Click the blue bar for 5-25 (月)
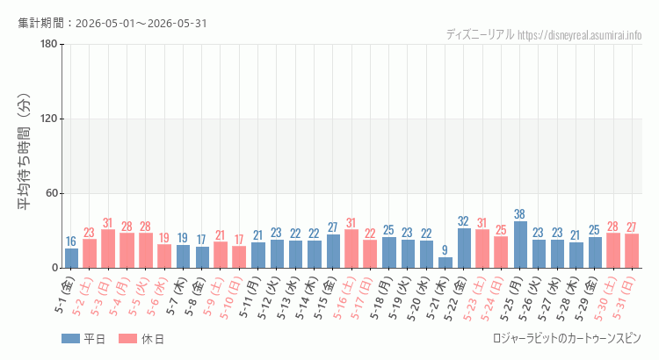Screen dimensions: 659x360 click(520, 244)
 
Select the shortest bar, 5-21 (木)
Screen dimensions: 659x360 click(445, 263)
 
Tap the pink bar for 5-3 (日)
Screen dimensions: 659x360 click(108, 248)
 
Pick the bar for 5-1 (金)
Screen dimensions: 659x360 click(71, 258)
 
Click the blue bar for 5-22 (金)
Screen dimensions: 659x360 click(464, 248)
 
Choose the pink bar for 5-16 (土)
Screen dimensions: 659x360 click(351, 248)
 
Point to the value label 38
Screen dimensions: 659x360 click(520, 214)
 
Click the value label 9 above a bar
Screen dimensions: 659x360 click(445, 250)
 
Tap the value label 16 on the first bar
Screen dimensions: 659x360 click(71, 241)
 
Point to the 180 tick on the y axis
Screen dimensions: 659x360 click(49, 44)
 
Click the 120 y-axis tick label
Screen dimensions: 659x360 click(49, 119)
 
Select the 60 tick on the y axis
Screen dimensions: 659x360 click(52, 193)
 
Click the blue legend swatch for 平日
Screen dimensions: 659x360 click(70, 339)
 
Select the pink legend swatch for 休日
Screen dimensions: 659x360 click(127, 339)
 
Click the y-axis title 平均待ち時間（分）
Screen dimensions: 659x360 click(24, 152)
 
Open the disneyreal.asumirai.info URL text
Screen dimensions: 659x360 click(580, 34)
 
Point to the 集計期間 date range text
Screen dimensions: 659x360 click(112, 23)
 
